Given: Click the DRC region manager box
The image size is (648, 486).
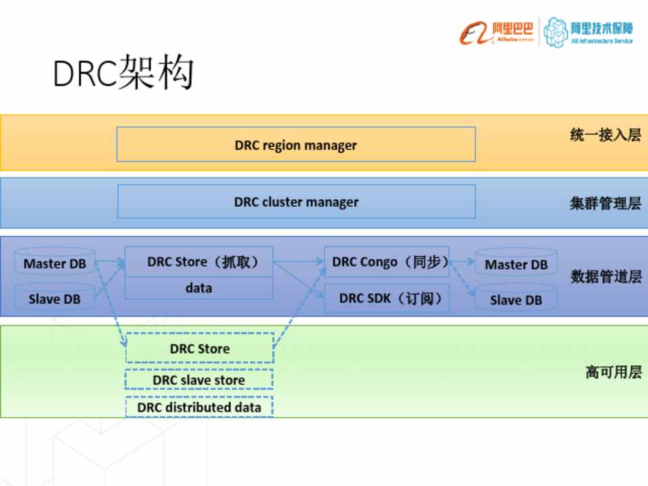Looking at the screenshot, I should coord(296,144).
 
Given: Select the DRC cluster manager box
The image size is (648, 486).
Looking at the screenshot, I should coord(296,202).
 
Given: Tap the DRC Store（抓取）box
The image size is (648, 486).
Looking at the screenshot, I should coord(199,262).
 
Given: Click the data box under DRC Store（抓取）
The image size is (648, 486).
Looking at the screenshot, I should coord(199,288).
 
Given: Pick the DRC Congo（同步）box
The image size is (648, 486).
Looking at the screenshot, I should coord(387,262).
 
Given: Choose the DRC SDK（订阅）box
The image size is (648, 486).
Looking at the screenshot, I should coord(387,298).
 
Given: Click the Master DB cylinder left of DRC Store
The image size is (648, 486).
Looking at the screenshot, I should coord(55,264).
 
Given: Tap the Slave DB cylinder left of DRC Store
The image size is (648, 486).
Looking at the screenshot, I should coord(55,299).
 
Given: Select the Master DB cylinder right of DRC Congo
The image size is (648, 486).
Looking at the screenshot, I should coord(516,265).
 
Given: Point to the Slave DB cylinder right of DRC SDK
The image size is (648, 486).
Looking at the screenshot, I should coord(516,300).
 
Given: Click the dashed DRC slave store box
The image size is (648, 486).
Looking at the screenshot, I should coord(199,380).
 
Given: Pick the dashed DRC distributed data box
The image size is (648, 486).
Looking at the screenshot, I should coord(199,407).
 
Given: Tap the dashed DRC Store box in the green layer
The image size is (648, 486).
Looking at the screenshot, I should coord(199,348).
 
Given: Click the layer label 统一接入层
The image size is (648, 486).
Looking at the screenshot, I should coord(605,135).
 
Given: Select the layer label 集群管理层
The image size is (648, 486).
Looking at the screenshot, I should coord(605,203).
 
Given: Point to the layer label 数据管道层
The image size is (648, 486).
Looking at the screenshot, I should coord(605,277).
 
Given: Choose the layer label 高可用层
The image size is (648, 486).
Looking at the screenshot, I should coord(613,372).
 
